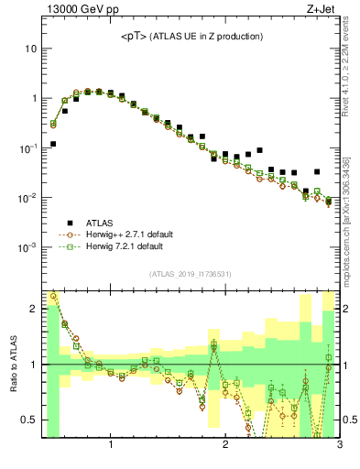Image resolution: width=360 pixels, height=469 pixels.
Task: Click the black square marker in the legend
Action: tap(70, 223)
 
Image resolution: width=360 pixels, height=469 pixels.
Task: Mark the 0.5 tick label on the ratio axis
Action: tap(29, 420)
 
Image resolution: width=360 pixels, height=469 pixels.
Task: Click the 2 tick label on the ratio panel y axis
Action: tap(34, 309)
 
